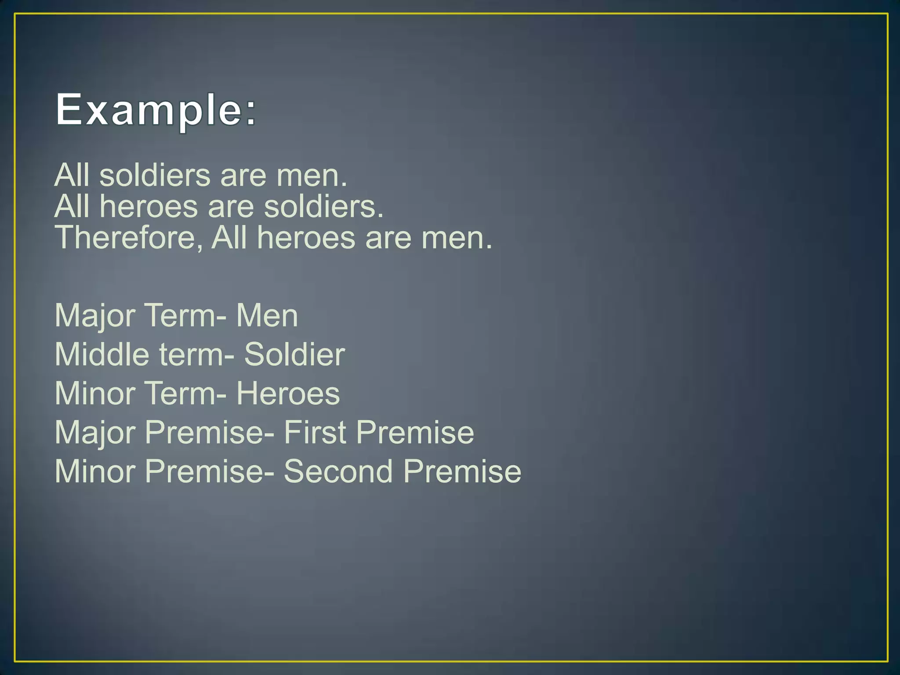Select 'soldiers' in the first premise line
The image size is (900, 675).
(x=155, y=175)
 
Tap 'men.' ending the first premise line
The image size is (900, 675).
(x=311, y=175)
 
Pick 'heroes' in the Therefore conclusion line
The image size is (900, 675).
(x=306, y=238)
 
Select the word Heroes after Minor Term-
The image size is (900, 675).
(x=288, y=393)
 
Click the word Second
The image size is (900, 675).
(x=338, y=471)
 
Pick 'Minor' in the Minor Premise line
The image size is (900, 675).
(x=94, y=471)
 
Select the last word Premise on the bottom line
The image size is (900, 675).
(x=462, y=471)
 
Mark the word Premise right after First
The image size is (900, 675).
(x=415, y=432)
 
